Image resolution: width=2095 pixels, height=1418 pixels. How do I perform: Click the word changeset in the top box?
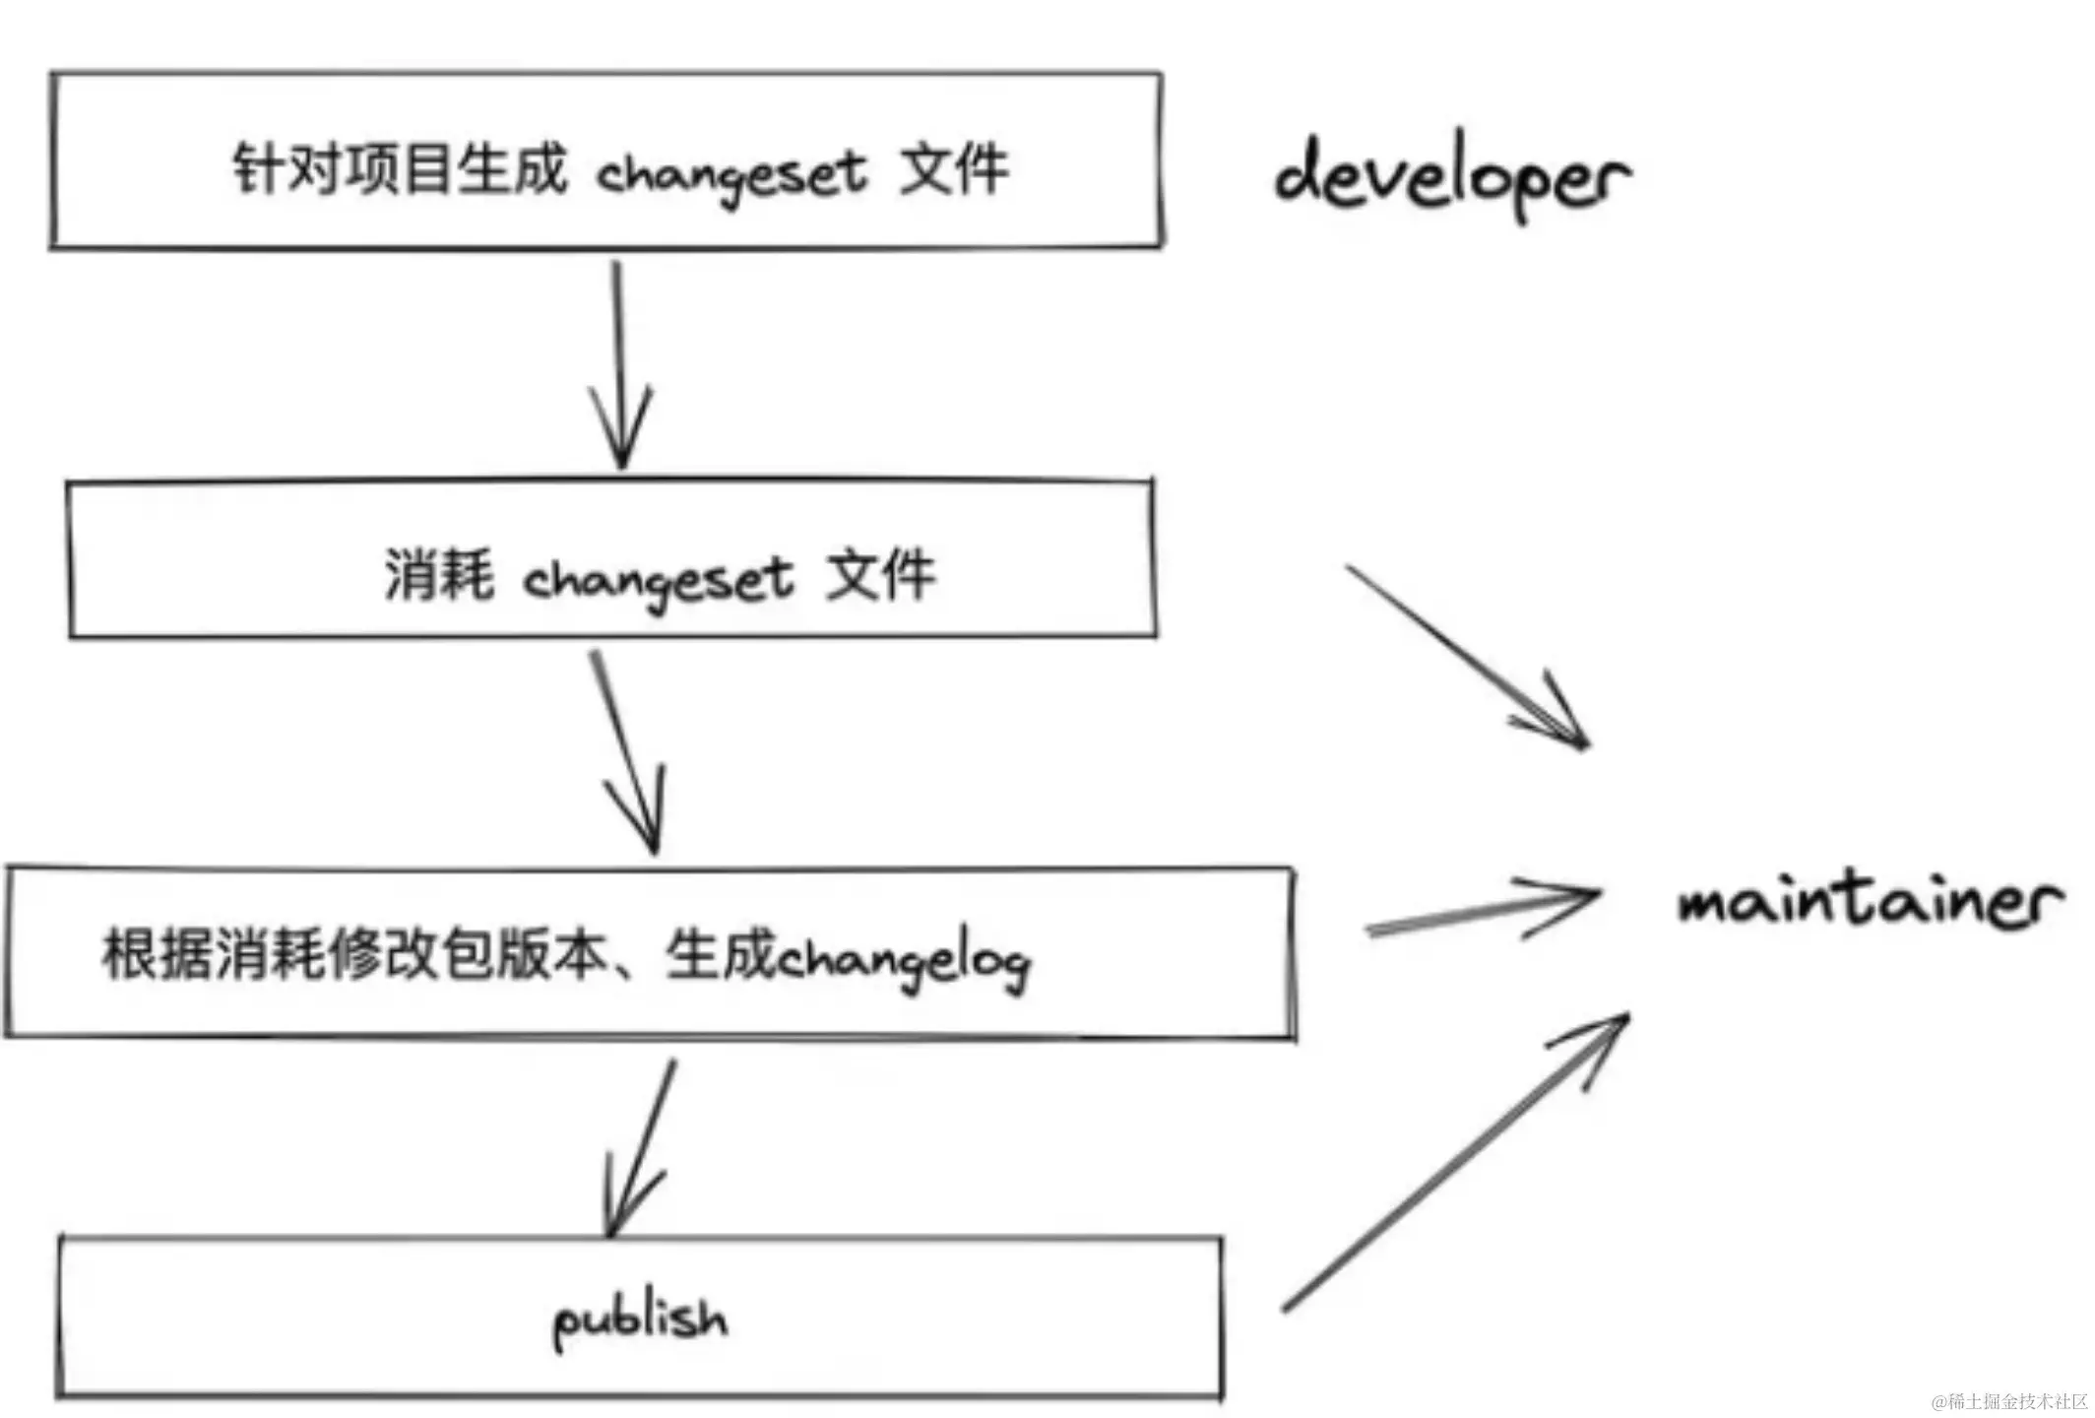(x=730, y=175)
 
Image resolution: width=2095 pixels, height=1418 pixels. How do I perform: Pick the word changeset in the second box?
(x=657, y=580)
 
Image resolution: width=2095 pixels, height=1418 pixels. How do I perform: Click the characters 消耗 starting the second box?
(x=438, y=574)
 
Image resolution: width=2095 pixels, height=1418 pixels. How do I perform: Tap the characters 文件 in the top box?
(x=954, y=169)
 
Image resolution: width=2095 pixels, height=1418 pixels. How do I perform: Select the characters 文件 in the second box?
(x=880, y=574)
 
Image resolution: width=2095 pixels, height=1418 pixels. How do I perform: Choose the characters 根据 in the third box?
(x=158, y=953)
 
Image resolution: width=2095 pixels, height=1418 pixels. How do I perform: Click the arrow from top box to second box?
(x=619, y=364)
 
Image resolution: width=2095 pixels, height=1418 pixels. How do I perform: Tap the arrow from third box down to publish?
(x=640, y=1147)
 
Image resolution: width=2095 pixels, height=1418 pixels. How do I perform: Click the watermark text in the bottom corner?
(x=2008, y=1401)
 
